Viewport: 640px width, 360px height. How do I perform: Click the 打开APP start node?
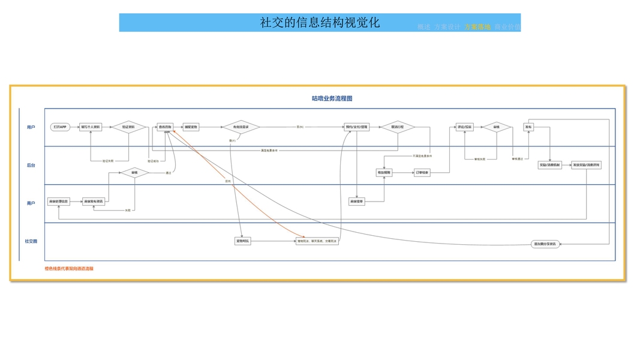[x=60, y=127]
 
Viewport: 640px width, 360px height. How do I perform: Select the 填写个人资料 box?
[x=91, y=127]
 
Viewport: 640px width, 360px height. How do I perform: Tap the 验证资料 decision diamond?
[x=129, y=127]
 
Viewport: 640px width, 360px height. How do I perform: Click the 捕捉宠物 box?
[x=191, y=127]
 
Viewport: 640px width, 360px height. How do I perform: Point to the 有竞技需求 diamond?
[x=241, y=127]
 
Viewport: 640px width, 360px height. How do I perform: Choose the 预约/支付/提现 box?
[x=357, y=127]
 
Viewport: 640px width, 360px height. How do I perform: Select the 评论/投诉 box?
[x=465, y=127]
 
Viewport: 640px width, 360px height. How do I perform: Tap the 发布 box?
[x=528, y=127]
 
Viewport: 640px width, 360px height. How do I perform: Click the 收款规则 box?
[x=384, y=173]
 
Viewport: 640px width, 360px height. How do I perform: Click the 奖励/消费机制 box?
[x=550, y=165]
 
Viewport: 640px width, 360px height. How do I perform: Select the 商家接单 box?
[x=357, y=202]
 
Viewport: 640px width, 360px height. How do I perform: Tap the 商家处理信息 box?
[x=59, y=202]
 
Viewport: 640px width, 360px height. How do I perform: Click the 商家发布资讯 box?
[x=94, y=202]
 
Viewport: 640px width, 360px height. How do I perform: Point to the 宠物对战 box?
[x=242, y=241]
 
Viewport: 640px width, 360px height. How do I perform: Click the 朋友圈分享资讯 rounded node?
[x=545, y=244]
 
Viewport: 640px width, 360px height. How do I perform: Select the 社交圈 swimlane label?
[x=31, y=241]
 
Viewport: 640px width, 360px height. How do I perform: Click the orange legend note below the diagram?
[x=69, y=269]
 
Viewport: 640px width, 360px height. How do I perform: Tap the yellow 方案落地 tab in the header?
[x=477, y=27]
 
